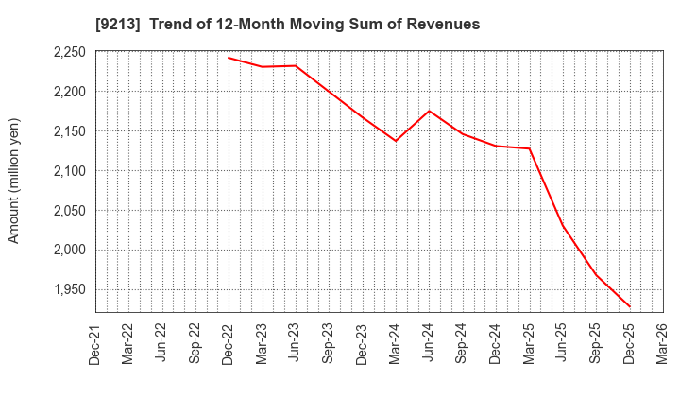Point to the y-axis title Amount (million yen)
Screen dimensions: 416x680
[x=14, y=181]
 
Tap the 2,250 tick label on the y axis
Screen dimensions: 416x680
[x=67, y=52]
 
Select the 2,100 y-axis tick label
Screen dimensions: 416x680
[x=67, y=171]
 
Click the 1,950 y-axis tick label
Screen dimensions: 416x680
[x=67, y=289]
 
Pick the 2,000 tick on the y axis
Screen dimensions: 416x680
[x=67, y=250]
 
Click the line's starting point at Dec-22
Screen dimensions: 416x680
[x=229, y=58]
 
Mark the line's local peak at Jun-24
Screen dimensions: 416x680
[x=430, y=111]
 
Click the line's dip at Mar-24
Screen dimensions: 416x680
[x=396, y=141]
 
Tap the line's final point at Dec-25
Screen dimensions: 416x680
[x=630, y=306]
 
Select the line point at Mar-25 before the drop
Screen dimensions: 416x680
[x=530, y=148]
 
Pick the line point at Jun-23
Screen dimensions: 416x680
[x=296, y=65]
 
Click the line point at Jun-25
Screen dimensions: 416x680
[x=563, y=226]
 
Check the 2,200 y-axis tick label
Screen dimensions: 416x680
[x=67, y=92]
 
